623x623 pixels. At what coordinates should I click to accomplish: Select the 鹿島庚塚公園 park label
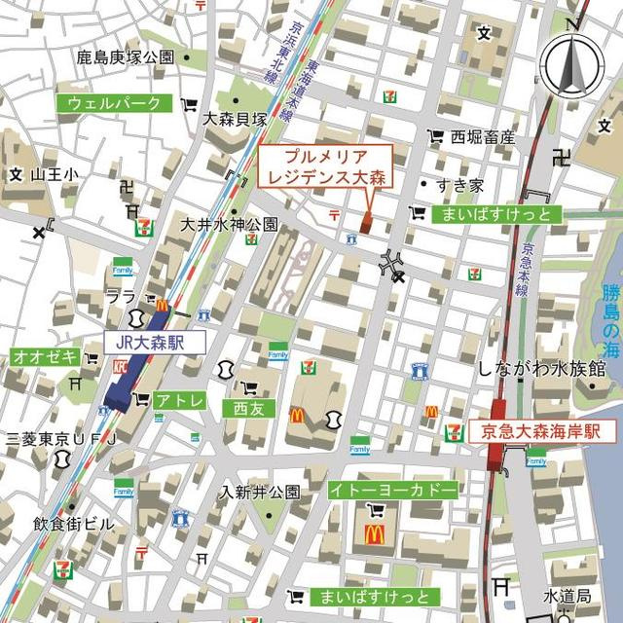click(126, 57)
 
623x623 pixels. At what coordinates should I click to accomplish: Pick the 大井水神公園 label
click(230, 224)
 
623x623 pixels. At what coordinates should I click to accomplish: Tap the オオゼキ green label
click(45, 357)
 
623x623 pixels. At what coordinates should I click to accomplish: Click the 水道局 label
click(568, 595)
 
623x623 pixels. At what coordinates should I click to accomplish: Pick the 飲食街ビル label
click(74, 523)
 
